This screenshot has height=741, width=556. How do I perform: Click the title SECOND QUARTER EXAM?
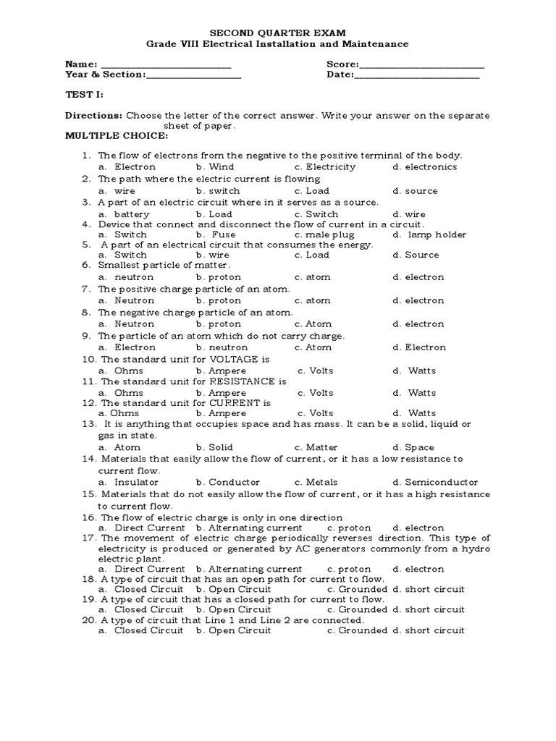coord(278,33)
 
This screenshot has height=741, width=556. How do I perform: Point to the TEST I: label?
coord(85,95)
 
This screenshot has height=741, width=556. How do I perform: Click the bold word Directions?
coord(94,115)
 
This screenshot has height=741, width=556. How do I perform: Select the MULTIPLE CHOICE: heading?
coord(117,135)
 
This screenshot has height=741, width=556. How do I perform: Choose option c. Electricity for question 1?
coord(325,167)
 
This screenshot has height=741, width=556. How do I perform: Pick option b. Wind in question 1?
coord(215,167)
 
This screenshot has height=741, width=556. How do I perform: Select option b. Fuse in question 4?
coord(215,234)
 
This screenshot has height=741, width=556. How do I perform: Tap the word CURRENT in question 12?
coord(236,402)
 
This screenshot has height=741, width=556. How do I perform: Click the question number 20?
coord(90,620)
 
